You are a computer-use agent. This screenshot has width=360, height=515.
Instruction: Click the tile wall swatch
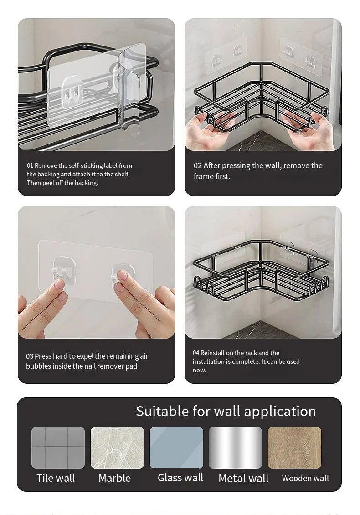pos(58,448)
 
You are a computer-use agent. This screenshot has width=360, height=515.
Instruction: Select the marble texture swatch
pos(117,448)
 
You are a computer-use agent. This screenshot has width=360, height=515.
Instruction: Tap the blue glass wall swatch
pos(176,448)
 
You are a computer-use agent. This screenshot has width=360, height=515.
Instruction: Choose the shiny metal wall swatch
pos(236,448)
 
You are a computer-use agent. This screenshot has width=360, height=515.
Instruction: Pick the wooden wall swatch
pos(295,448)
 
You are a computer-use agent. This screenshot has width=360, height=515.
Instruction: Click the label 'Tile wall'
pos(56,478)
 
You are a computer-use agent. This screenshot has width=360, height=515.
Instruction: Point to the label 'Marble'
pos(115,478)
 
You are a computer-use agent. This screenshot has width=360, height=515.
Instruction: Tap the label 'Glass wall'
pos(180,478)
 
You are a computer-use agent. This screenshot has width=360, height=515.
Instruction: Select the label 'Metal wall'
pos(243,478)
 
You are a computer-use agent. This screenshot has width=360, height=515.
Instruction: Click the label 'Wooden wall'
pos(305,478)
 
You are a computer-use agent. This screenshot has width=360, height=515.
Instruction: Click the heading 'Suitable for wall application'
pos(226,411)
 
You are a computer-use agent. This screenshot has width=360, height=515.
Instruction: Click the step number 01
pos(30,165)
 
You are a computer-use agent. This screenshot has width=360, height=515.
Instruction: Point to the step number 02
pos(197,165)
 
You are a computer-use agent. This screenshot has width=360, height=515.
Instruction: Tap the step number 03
pos(30,356)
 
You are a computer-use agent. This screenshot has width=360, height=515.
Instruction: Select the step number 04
pos(196,353)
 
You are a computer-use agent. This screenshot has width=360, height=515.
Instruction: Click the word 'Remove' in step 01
pos(46,165)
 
